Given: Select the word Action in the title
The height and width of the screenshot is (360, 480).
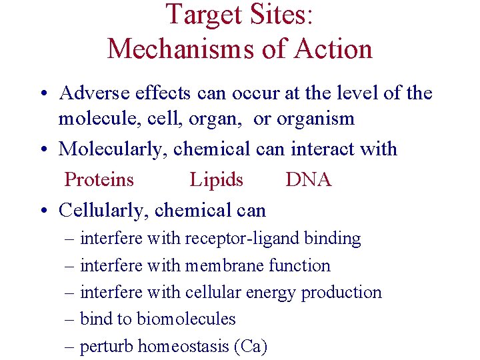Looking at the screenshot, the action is (335, 49).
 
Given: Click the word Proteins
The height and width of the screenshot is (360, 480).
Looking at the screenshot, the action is (99, 179).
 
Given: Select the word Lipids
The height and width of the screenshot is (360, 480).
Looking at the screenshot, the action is (217, 179).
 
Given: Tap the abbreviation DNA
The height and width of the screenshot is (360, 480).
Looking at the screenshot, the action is (309, 179).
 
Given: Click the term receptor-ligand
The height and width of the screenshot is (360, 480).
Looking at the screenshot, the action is (241, 238).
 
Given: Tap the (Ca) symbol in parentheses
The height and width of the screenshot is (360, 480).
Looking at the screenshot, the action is (251, 347).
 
